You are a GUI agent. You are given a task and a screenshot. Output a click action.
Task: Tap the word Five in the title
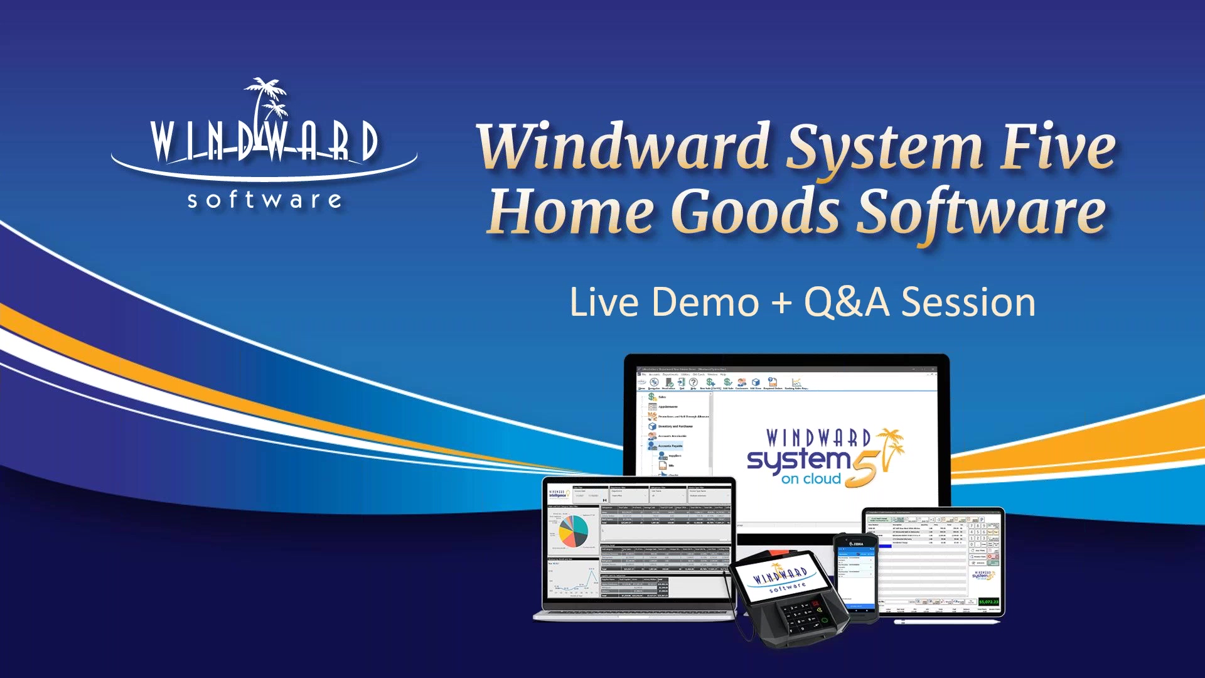[1058, 147]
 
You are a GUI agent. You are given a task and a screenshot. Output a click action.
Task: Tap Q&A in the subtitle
[847, 303]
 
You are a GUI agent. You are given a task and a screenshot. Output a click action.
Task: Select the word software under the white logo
[265, 200]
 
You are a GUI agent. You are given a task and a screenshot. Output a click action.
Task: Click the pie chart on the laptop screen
[573, 531]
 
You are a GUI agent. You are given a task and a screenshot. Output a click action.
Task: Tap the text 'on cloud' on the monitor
[811, 479]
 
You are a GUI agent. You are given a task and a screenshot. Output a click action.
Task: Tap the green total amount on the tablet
[988, 602]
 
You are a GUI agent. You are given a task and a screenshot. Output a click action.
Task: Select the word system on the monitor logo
[798, 460]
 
